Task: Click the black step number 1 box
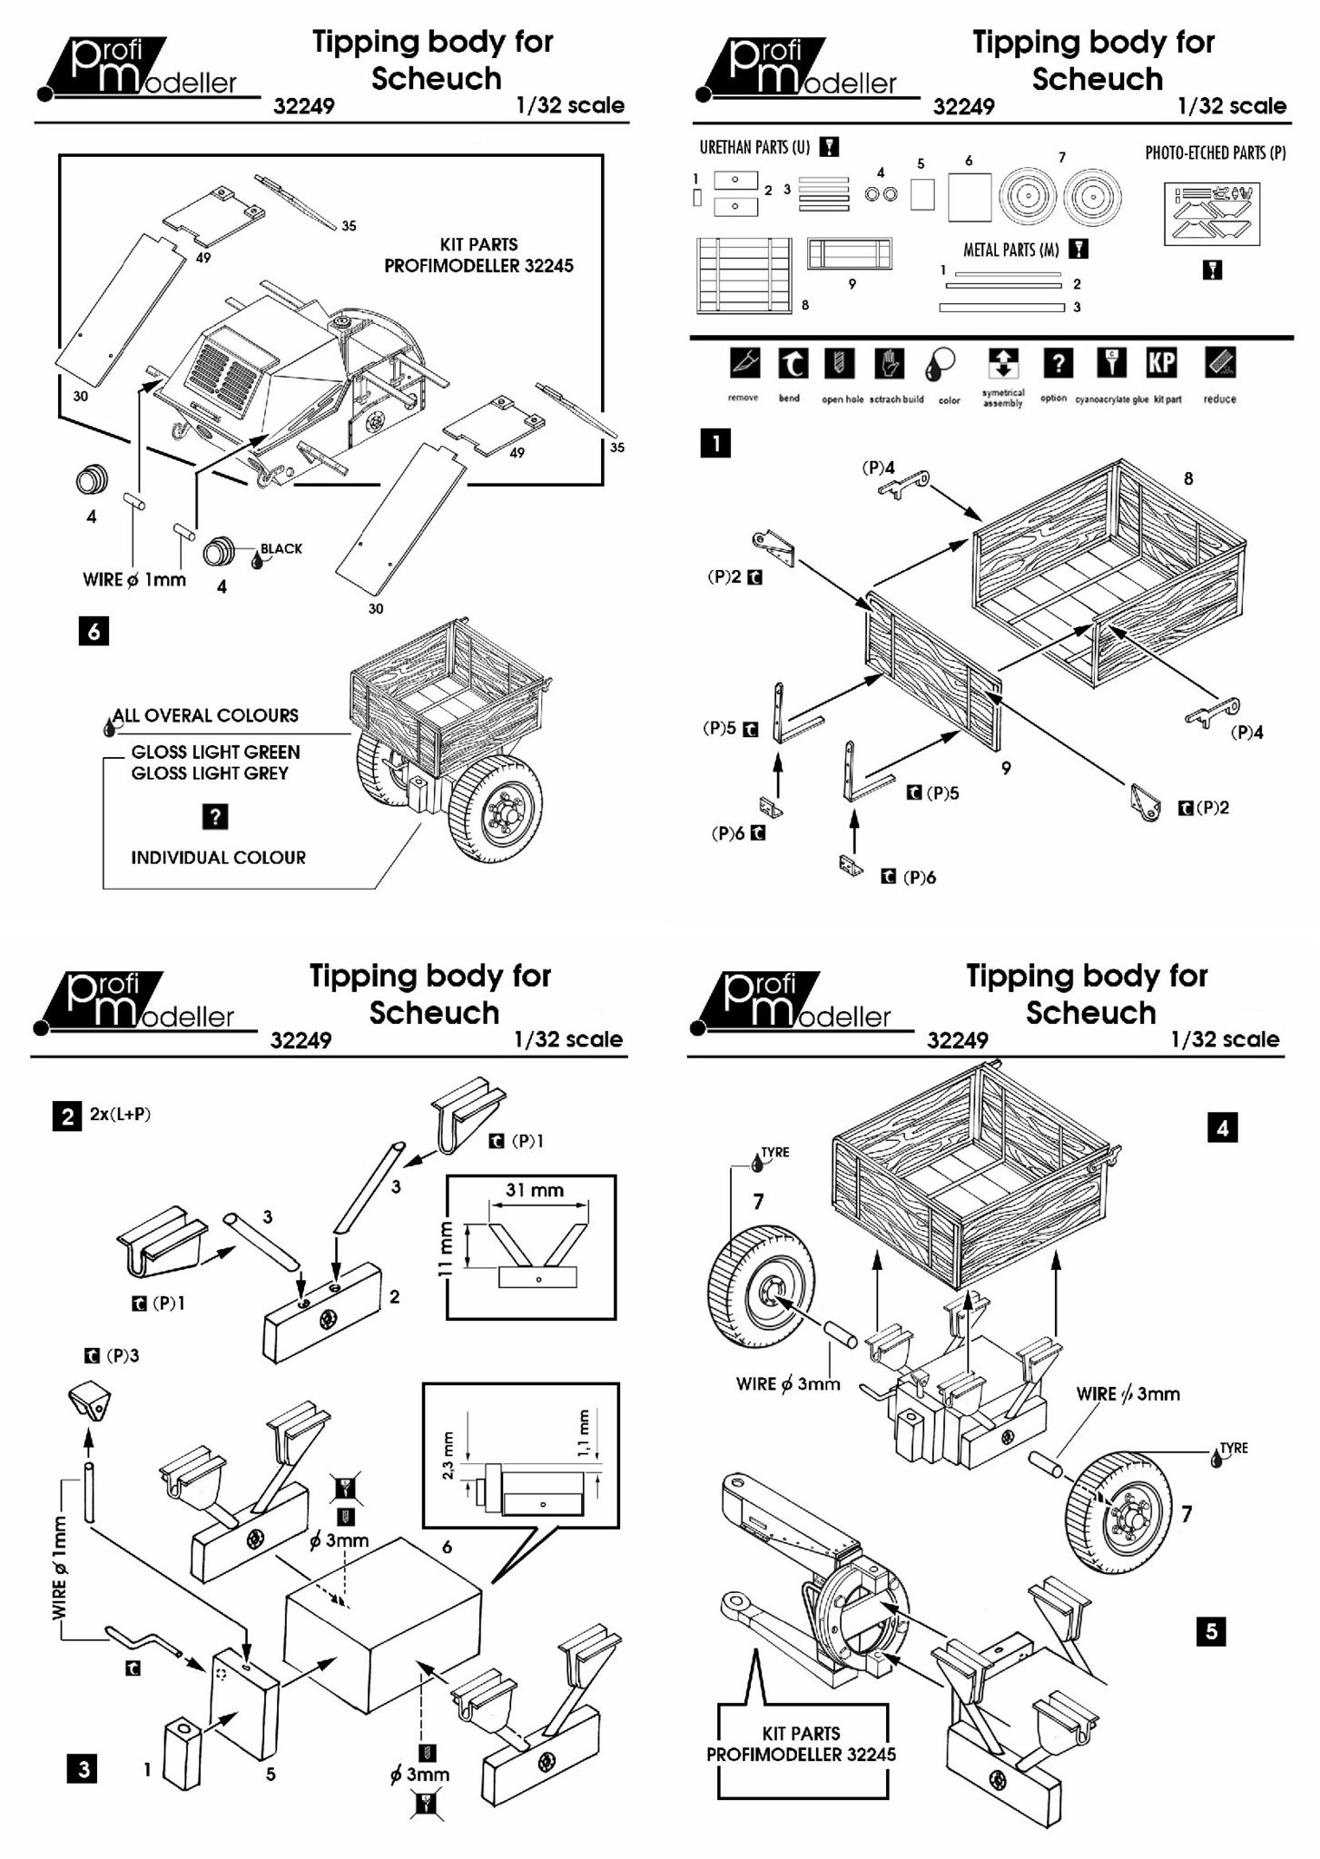[x=715, y=443]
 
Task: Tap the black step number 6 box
[x=94, y=630]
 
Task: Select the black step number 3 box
[x=84, y=1768]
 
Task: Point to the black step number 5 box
[x=1211, y=1631]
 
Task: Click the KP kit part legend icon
[x=1161, y=363]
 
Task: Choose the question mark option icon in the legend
[x=1057, y=363]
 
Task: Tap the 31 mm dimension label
[x=534, y=1189]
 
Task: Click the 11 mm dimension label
[x=445, y=1248]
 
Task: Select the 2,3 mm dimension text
[x=447, y=1454]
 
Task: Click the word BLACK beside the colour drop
[x=281, y=548]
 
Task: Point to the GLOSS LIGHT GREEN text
[x=215, y=752]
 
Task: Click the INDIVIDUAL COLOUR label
[x=218, y=857]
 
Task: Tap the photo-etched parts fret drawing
[x=1212, y=213]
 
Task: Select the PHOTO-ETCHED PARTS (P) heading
[x=1215, y=152]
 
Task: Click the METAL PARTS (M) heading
[x=1010, y=250]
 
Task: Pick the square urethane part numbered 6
[x=970, y=197]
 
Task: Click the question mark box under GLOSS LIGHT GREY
[x=214, y=816]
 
